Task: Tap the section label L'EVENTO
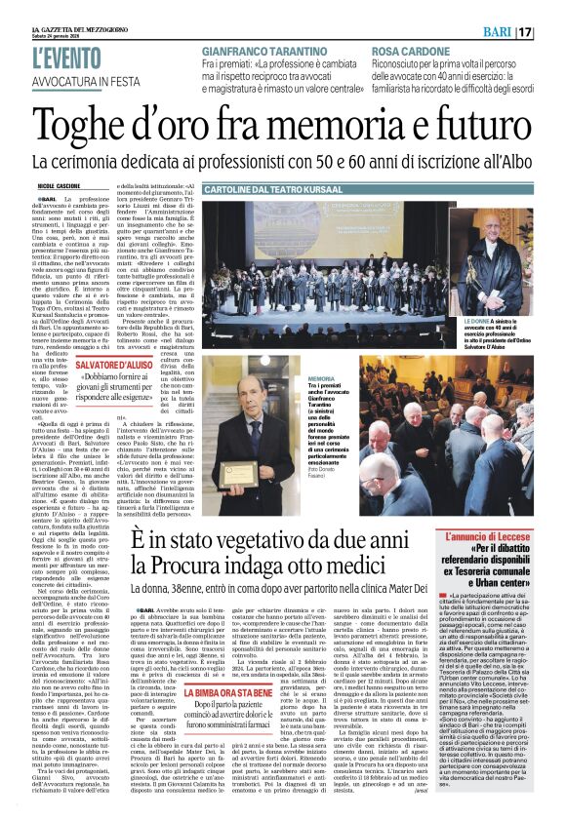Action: [x=71, y=54]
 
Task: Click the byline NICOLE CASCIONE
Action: [x=60, y=182]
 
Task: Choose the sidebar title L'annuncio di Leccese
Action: [x=494, y=536]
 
